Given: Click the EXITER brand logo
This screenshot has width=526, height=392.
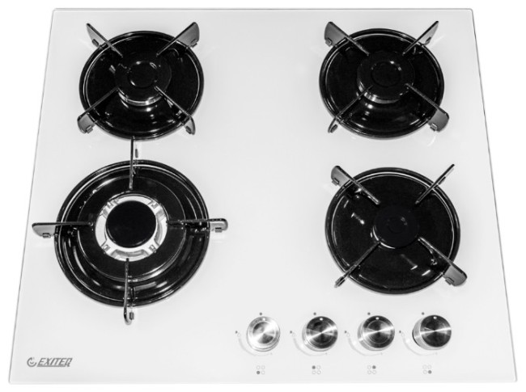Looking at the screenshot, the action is pyautogui.click(x=49, y=362).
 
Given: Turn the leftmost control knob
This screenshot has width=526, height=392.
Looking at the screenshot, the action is pyautogui.click(x=263, y=333).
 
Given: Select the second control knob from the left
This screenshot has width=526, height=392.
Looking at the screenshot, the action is pyautogui.click(x=320, y=332).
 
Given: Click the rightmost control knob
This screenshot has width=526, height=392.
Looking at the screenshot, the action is pyautogui.click(x=432, y=331).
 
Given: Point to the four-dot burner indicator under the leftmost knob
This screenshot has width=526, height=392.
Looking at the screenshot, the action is pyautogui.click(x=261, y=370).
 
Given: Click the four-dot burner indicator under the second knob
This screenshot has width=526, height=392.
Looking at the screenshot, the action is pyautogui.click(x=316, y=369).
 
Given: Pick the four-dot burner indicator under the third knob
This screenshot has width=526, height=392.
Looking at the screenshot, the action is pyautogui.click(x=371, y=369).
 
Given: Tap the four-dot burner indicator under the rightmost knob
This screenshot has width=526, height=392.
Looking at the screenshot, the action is pyautogui.click(x=427, y=369).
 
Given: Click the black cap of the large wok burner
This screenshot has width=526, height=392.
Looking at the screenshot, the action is pyautogui.click(x=128, y=223).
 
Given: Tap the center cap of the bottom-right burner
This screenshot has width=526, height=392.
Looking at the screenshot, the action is pyautogui.click(x=396, y=222).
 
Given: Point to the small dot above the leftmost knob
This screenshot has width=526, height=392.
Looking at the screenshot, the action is pyautogui.click(x=261, y=314).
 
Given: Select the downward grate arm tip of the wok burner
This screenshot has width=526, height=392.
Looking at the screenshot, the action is pyautogui.click(x=128, y=320).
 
